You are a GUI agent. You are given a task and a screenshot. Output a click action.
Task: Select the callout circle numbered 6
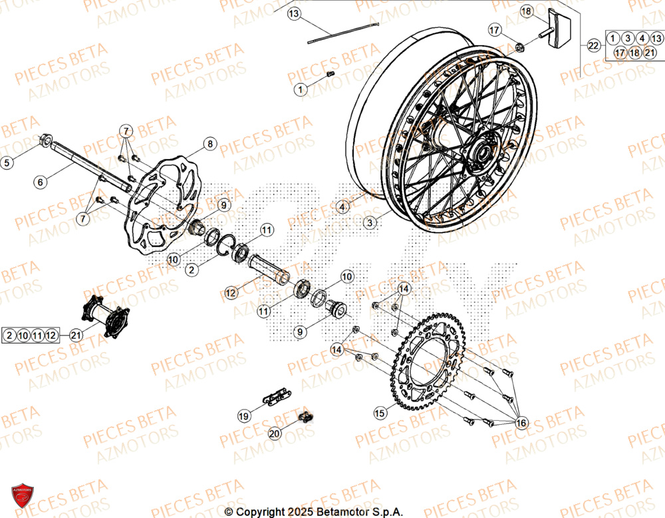tap(40, 181)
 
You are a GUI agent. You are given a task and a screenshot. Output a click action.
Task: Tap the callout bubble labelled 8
tap(209, 143)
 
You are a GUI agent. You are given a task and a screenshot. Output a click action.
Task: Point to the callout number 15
tap(380, 413)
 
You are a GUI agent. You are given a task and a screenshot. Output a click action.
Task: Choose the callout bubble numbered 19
tap(244, 415)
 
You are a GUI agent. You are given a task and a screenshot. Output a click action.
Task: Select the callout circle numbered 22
tap(593, 45)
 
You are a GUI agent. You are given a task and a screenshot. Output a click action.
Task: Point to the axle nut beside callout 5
tap(47, 140)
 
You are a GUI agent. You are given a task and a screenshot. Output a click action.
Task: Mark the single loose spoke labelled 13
tap(342, 33)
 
